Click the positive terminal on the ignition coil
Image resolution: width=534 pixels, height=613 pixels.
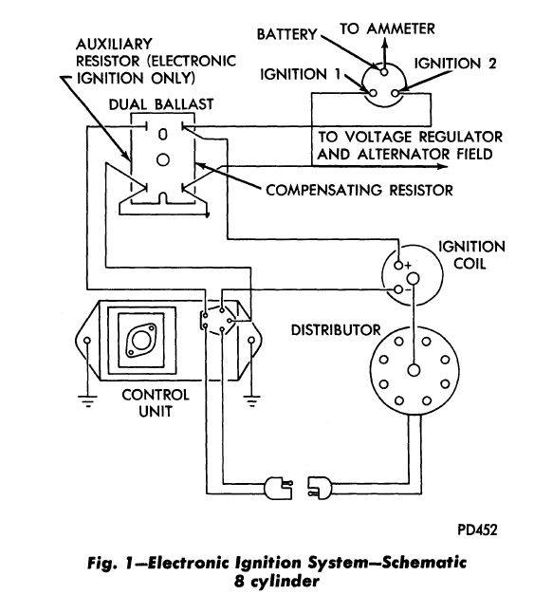[x=398, y=266]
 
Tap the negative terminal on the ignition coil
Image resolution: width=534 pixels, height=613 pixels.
[x=398, y=289]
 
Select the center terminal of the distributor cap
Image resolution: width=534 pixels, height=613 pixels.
[x=414, y=370]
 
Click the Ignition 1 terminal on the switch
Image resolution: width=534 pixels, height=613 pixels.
[x=373, y=93]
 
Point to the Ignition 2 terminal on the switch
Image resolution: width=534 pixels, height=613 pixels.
[x=395, y=93]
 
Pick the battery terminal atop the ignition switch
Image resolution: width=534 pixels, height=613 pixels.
[x=384, y=72]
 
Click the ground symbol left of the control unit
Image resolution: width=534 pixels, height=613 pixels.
[x=87, y=401]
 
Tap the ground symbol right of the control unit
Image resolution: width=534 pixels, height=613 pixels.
[x=251, y=401]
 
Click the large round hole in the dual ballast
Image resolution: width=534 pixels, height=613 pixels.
[x=163, y=159]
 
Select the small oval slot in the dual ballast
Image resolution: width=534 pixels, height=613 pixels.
[x=163, y=134]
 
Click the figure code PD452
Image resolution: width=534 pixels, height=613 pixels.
[x=477, y=530]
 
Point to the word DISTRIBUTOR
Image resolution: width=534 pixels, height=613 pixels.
[x=336, y=330]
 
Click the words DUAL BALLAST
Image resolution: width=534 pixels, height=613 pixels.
[x=161, y=104]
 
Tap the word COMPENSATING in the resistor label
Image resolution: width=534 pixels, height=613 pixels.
[x=323, y=191]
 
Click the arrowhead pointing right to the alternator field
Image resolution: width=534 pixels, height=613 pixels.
[x=443, y=167]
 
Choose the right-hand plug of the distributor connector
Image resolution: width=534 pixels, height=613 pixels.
[x=320, y=489]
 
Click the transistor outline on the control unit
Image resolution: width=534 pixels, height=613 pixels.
[x=141, y=340]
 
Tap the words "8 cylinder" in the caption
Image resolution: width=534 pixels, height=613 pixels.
[x=277, y=582]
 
